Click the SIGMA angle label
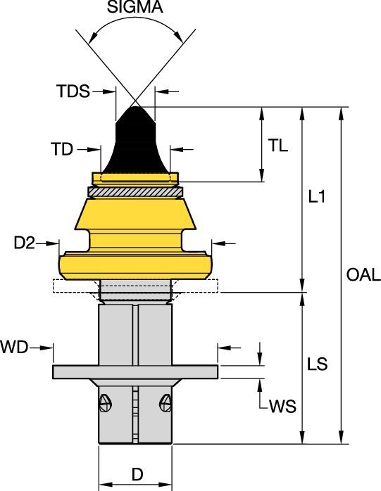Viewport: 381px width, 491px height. (134, 8)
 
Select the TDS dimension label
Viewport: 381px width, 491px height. (74, 91)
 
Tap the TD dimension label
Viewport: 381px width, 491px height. (62, 149)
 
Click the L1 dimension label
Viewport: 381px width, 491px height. (318, 198)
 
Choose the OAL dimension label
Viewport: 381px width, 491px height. (363, 275)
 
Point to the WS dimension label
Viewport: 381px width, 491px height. (282, 408)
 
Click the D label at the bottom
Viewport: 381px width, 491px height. (137, 475)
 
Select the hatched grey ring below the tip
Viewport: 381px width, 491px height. (135, 191)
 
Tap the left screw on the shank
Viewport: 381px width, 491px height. (105, 403)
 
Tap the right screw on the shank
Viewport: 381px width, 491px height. (166, 403)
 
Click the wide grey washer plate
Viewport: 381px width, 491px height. (135, 371)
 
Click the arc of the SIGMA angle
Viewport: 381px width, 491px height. (134, 23)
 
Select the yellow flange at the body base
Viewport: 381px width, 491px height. (135, 265)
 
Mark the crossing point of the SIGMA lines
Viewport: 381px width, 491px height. (135, 101)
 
